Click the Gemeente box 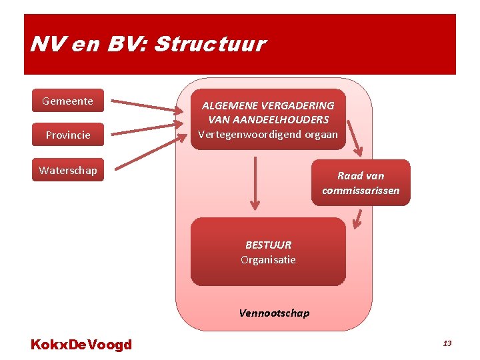coord(68,101)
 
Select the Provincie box coord(68,135)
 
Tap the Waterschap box coord(68,170)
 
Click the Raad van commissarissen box coord(361,183)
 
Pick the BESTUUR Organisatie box coord(268,252)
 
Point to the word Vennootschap coord(274,313)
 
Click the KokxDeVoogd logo coord(81,345)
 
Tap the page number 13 coord(447,343)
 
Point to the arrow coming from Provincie coord(147,129)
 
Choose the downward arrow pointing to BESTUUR coord(254,183)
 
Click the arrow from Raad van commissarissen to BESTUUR coord(358,219)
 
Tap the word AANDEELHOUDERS coord(269,120)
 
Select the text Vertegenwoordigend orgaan coord(268,134)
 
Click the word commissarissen coord(361,191)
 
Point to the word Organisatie coord(268,259)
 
